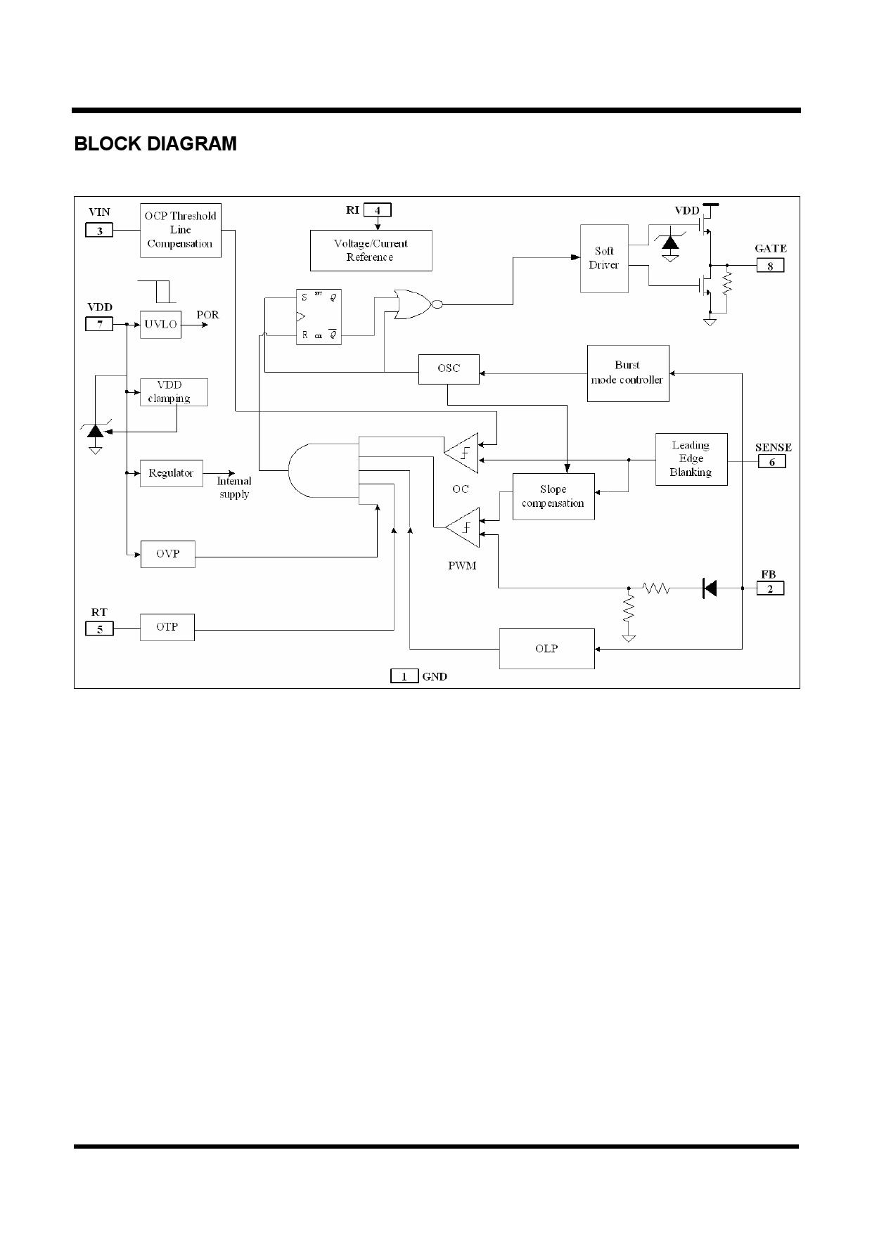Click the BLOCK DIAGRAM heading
pos(155,144)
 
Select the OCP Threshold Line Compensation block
pos(180,230)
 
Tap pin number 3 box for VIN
pos(99,230)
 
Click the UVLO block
pos(160,325)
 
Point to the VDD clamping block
pos(174,392)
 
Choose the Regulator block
pos(171,473)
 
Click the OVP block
pos(167,554)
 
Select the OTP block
pos(167,626)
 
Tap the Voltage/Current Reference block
pos(371,250)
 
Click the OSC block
pos(449,369)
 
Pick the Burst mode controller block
pos(627,373)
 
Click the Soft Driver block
pos(603,258)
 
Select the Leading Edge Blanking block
pos(691,459)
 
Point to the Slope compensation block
pos(553,496)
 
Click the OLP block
pos(546,648)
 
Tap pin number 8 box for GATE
pos(770,266)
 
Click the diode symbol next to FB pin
pos(710,588)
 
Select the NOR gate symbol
pos(413,304)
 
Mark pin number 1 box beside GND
pos(404,676)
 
